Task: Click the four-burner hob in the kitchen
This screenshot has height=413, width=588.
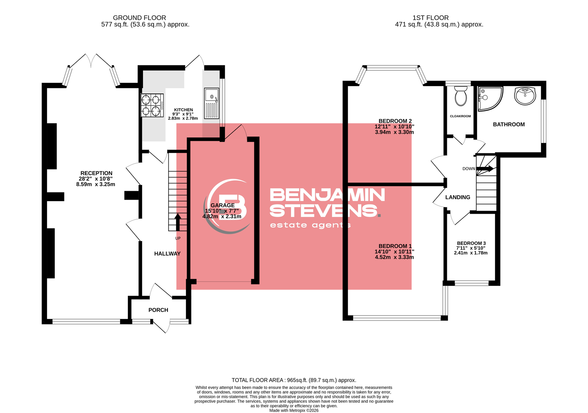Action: click(152, 105)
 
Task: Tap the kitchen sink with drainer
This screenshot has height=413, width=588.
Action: click(212, 103)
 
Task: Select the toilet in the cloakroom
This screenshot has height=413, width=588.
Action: click(461, 96)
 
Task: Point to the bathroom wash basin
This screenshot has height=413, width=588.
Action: click(525, 96)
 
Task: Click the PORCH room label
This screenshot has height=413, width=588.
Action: click(158, 310)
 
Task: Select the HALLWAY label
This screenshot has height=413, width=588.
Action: click(167, 253)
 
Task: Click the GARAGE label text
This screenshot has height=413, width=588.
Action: click(223, 205)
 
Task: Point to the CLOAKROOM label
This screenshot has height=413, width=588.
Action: click(460, 116)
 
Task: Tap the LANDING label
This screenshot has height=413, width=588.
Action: click(458, 197)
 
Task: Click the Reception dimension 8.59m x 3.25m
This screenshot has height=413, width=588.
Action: click(96, 184)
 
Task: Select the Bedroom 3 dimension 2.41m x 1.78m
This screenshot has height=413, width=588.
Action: click(471, 253)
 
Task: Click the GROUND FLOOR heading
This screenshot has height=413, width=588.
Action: click(139, 18)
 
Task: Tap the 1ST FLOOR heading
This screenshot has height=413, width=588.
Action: click(430, 18)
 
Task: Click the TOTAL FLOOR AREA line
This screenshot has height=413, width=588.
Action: click(294, 380)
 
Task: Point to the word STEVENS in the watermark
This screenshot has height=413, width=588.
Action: click(326, 210)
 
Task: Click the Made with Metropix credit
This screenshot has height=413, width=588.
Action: click(294, 410)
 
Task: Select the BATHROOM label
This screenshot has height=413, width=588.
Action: click(509, 125)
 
